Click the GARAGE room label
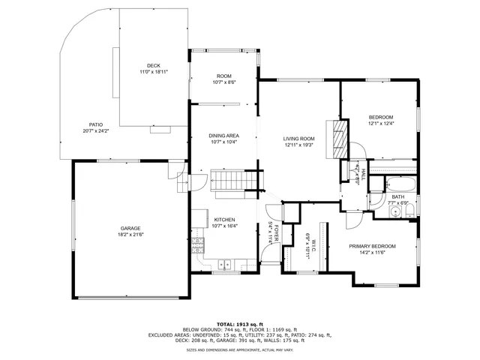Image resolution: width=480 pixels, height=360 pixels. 130,228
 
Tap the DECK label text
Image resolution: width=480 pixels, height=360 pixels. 153,66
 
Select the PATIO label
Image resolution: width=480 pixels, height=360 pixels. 96,124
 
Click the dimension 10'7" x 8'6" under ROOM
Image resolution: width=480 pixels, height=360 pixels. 223,82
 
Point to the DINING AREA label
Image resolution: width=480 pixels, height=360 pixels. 223,135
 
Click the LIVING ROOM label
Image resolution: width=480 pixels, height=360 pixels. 298,139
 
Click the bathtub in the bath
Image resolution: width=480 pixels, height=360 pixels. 397,184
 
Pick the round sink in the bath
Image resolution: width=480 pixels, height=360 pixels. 395,212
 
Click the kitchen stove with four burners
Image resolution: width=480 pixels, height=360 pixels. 199,244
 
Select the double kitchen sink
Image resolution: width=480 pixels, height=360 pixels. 224,264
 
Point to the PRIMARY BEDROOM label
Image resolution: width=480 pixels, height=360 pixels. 372,246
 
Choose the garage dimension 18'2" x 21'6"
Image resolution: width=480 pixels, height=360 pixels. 130,235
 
